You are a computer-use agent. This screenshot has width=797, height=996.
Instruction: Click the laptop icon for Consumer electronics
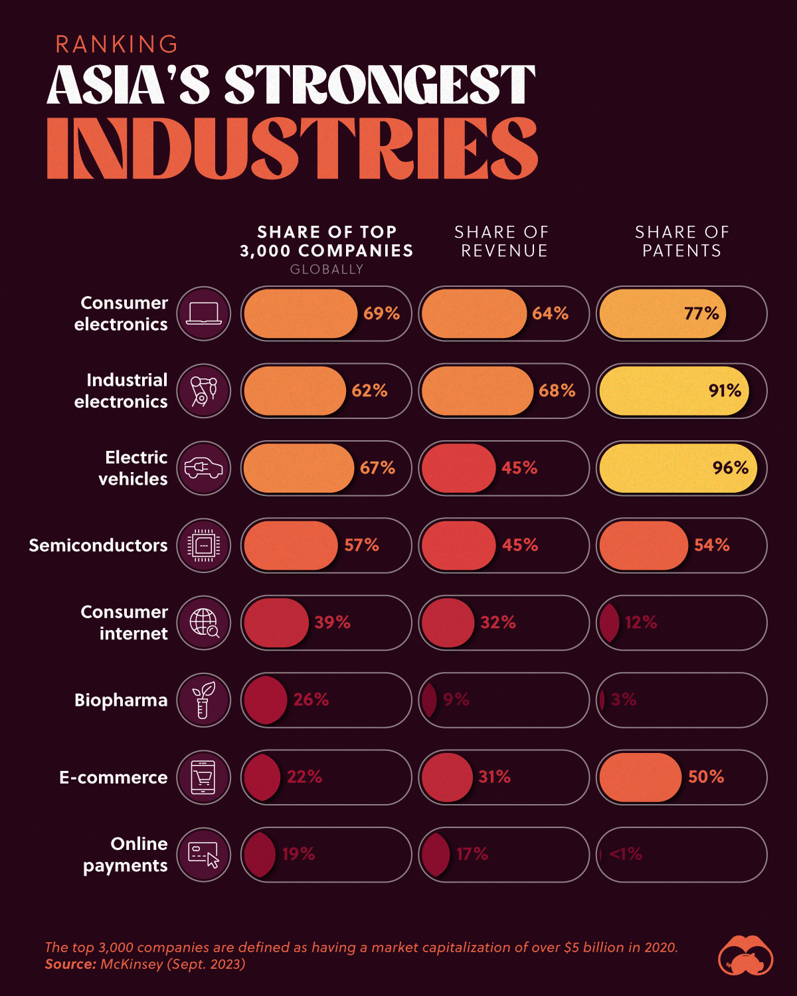[203, 313]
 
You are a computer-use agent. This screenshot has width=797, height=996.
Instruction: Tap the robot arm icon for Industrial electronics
[203, 390]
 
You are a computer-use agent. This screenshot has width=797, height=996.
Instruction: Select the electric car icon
[203, 468]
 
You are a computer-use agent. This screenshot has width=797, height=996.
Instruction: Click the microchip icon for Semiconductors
[203, 545]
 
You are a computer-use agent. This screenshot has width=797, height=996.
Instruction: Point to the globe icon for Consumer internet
[203, 623]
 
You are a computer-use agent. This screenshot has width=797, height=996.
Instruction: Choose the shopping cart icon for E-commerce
[203, 777]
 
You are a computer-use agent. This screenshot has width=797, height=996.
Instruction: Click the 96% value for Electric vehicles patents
[730, 468]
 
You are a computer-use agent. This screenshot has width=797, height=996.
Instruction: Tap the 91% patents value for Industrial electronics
[725, 390]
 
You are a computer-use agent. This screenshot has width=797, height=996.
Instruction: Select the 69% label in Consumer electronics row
[381, 313]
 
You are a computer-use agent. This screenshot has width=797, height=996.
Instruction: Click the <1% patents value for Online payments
[625, 854]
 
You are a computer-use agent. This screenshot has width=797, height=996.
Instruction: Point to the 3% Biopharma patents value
[624, 700]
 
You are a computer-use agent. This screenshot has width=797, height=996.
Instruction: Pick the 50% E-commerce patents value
[705, 777]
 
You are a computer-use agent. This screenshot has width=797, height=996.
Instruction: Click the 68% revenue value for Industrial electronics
[557, 390]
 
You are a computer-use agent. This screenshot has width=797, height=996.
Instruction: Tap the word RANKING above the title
[117, 44]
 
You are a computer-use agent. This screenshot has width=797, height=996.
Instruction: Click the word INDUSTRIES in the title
[292, 149]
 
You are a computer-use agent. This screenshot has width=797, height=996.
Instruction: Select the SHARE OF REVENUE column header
[502, 241]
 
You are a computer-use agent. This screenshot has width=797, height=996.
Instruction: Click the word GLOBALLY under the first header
[326, 270]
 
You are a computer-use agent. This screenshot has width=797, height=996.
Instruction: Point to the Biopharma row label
[120, 700]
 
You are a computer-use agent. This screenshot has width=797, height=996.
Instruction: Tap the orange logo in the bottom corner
[745, 956]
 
